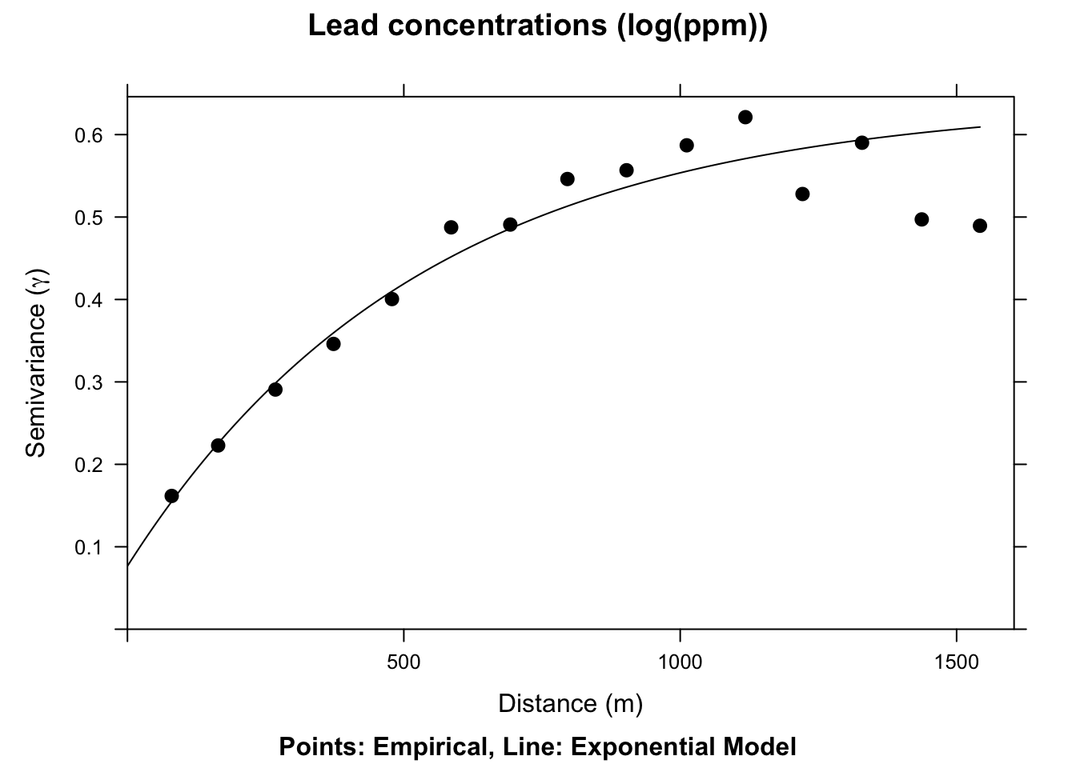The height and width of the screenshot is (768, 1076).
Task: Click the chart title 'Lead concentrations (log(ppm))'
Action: [x=537, y=26]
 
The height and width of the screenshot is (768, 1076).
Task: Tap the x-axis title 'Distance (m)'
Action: [x=570, y=703]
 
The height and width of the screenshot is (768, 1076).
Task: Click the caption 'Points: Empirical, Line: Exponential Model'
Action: [x=537, y=747]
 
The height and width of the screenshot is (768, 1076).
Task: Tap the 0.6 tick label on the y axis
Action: [x=90, y=134]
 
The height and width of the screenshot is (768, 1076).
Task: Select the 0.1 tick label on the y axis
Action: [x=90, y=547]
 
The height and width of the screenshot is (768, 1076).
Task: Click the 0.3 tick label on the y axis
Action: [x=90, y=382]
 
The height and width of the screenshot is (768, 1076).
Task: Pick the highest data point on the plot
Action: [x=745, y=118]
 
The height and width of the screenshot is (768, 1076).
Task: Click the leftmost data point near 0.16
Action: [x=171, y=496]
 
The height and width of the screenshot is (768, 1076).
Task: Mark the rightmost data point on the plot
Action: [x=980, y=226]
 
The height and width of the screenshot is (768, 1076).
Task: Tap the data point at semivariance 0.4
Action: [x=391, y=299]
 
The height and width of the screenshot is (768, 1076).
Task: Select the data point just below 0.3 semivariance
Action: [x=275, y=390]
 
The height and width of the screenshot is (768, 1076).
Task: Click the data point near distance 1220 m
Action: [x=803, y=194]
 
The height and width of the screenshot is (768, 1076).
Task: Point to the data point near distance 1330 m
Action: [x=862, y=142]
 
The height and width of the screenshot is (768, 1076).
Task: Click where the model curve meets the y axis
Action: [x=128, y=566]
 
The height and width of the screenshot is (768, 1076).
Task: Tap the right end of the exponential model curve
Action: [x=980, y=126]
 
